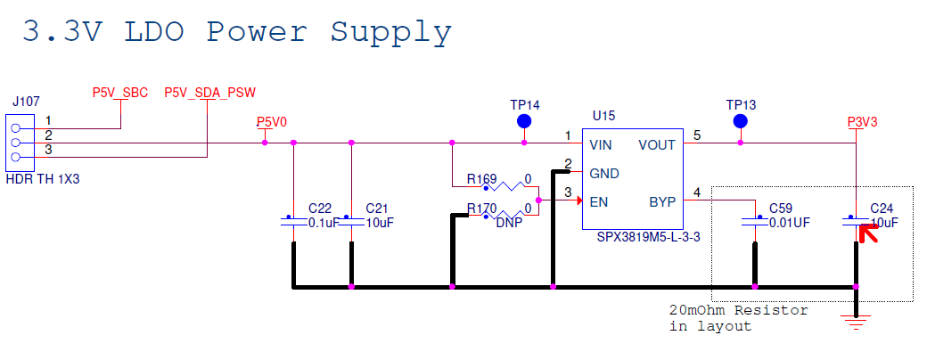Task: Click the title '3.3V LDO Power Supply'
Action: click(x=236, y=32)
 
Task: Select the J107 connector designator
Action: click(x=25, y=102)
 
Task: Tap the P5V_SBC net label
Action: click(x=120, y=93)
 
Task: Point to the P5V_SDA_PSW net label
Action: click(x=206, y=93)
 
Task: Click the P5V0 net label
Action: click(x=272, y=123)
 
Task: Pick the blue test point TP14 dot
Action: click(x=524, y=121)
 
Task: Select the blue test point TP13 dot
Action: click(x=739, y=121)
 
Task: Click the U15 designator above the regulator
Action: click(x=603, y=117)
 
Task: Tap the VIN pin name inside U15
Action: click(x=601, y=144)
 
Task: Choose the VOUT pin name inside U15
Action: click(x=657, y=144)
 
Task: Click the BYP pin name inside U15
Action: click(x=662, y=201)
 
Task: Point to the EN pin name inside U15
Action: click(x=598, y=201)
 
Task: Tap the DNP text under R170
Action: click(x=510, y=223)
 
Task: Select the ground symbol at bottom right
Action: click(x=856, y=323)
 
